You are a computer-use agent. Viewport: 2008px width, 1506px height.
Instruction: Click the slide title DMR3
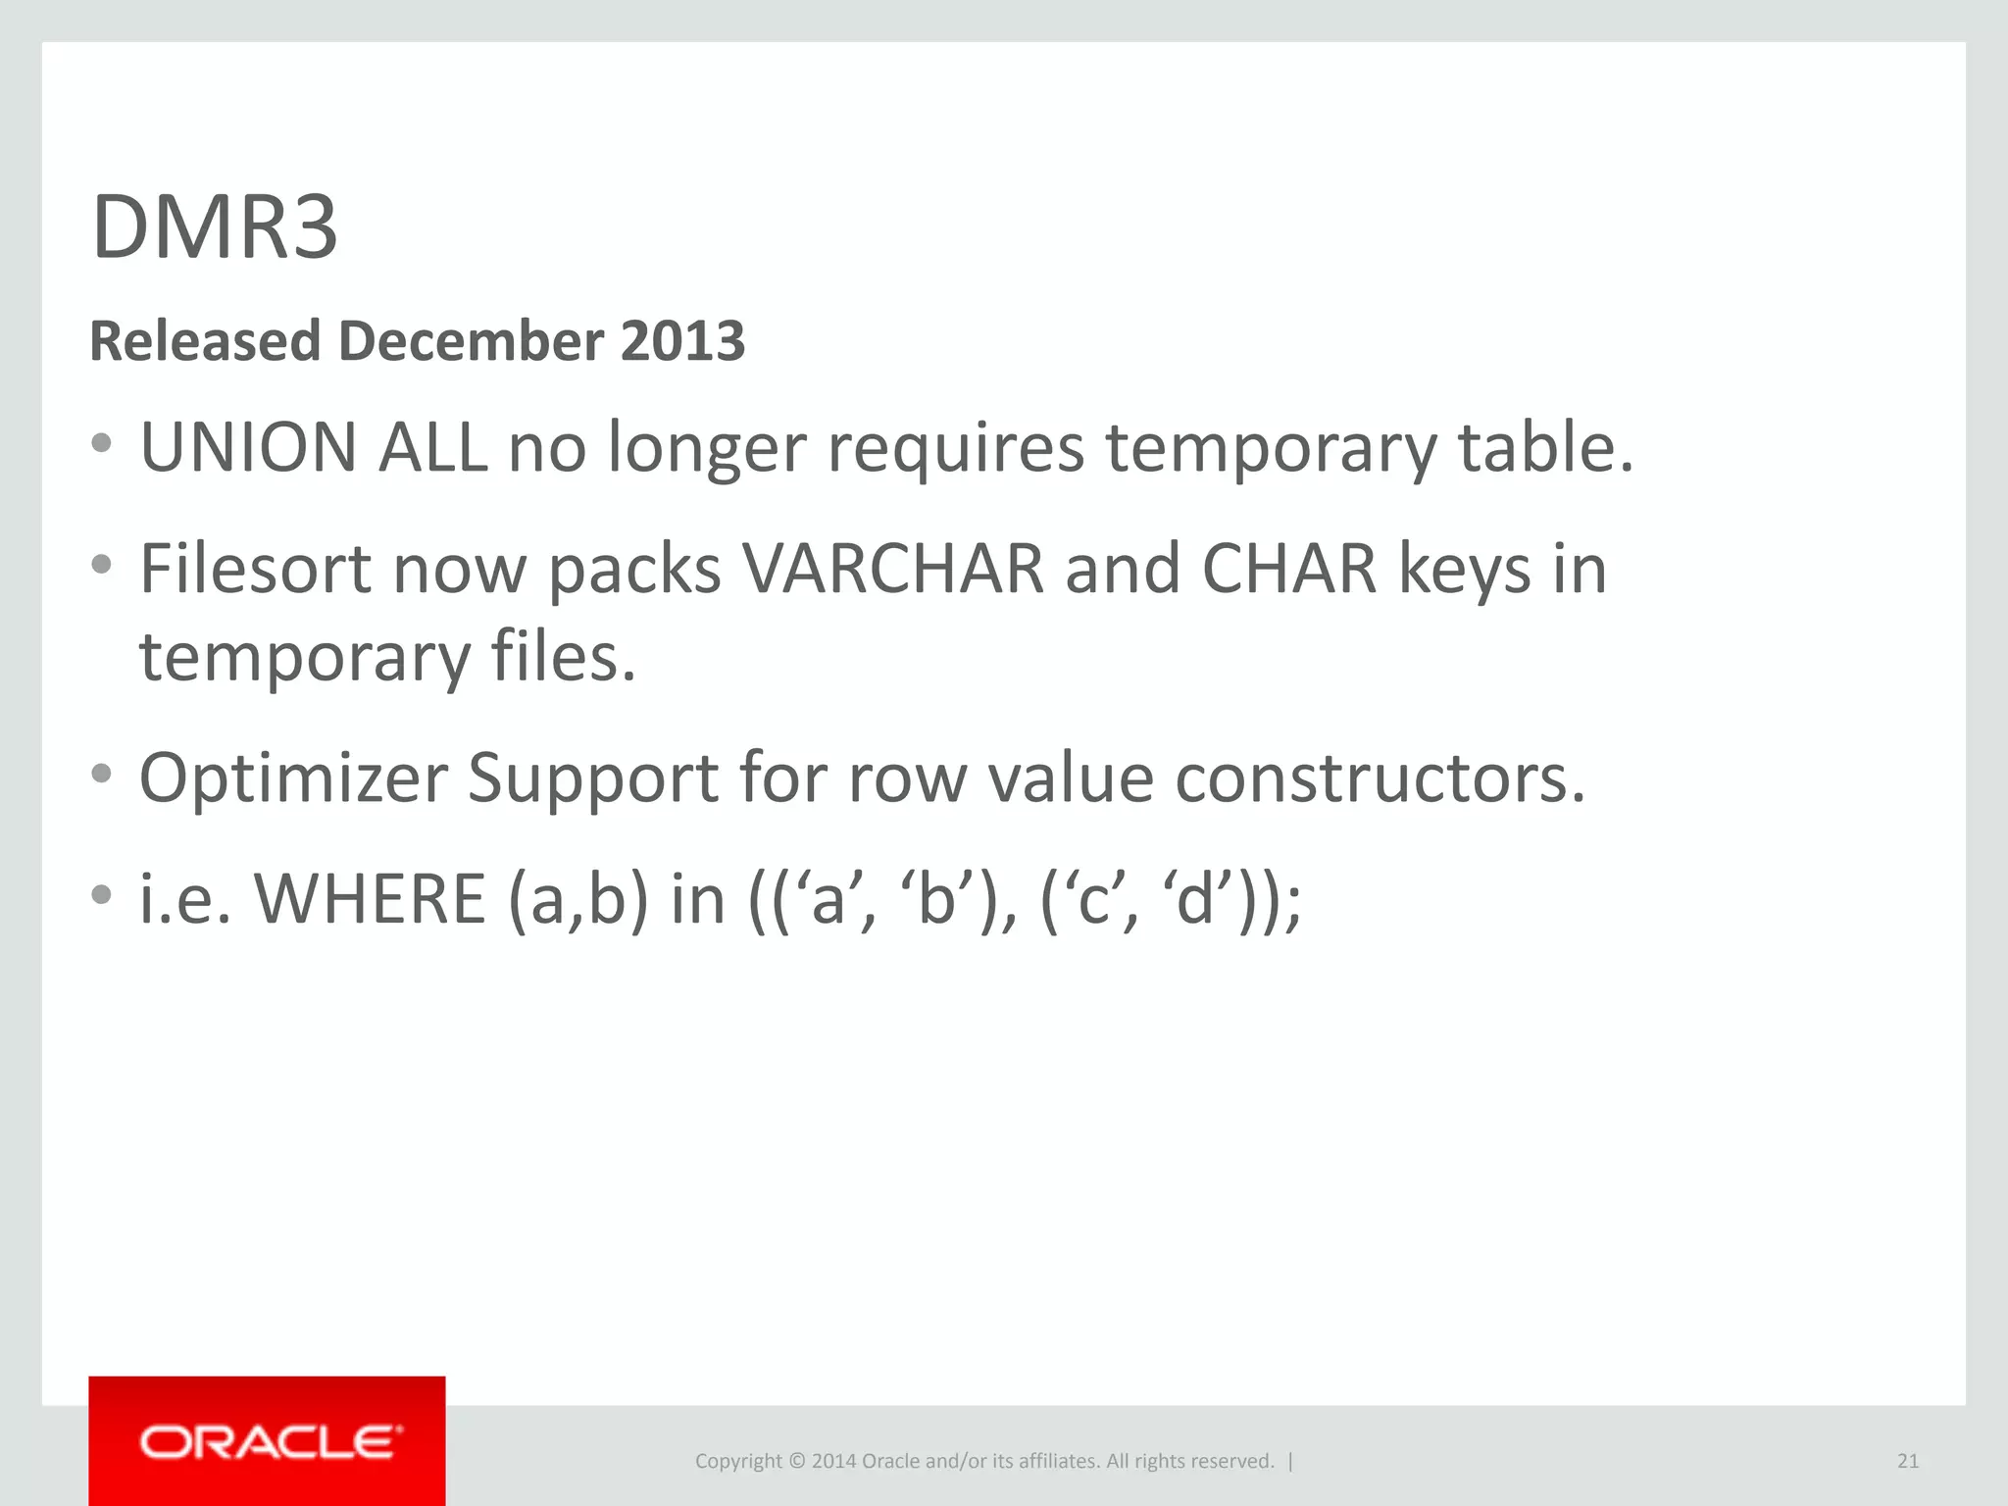pos(215,227)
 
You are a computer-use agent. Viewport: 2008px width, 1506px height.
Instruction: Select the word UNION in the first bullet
pos(248,447)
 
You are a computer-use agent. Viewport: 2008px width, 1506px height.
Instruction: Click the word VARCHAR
pos(893,569)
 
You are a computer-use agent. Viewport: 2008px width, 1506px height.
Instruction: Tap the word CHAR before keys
pos(1289,569)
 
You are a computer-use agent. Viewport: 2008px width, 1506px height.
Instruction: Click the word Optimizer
pos(293,778)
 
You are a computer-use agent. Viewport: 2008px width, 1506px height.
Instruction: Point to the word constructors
pos(1379,778)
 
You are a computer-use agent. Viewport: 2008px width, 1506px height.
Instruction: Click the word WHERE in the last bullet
pos(370,899)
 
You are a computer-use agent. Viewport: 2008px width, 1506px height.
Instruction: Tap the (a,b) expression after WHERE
pos(577,899)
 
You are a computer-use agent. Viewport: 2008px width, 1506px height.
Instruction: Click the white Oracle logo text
pos(270,1442)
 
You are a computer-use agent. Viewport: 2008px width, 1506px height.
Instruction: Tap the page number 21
pos(1907,1461)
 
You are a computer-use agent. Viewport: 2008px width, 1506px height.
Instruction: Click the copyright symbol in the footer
pos(796,1461)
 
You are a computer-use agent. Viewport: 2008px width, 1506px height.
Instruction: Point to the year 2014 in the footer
pos(833,1461)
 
